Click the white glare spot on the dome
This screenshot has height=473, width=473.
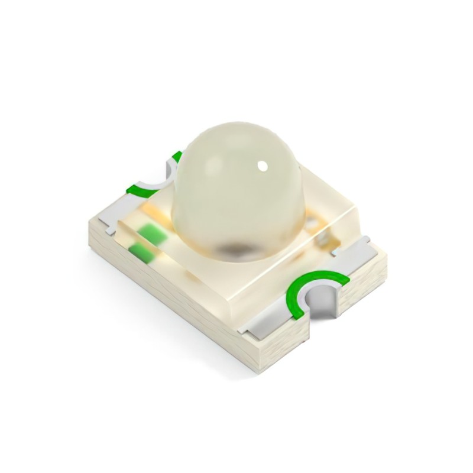[x=260, y=165]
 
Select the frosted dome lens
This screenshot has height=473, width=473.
[x=237, y=189]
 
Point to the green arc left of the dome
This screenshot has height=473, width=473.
[x=142, y=190]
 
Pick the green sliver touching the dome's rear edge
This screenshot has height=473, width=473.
[x=176, y=157]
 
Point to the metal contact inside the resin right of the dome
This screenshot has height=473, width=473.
[x=323, y=238]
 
